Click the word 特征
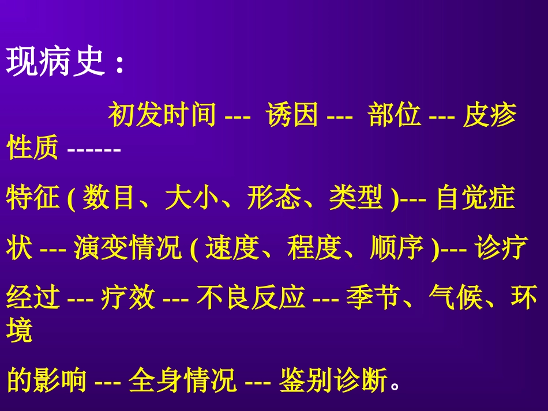(33, 199)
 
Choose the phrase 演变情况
(127, 249)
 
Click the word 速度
(231, 249)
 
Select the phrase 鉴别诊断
(333, 380)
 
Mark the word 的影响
(46, 380)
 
